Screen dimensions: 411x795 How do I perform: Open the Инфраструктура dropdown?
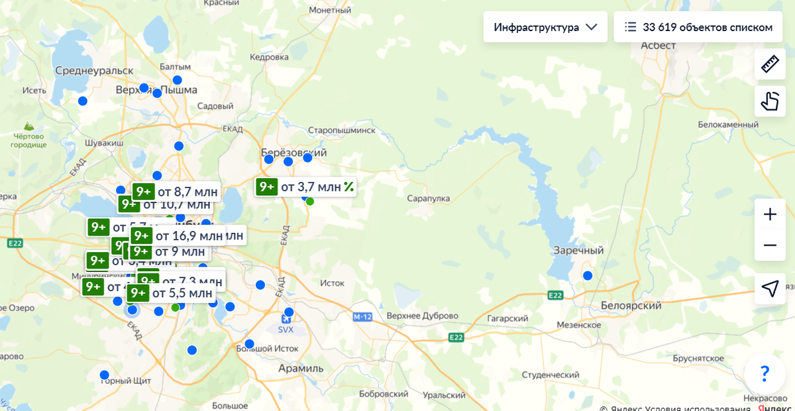tap(545, 27)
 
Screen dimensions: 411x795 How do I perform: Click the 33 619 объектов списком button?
tap(699, 27)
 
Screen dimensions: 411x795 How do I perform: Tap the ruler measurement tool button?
tap(770, 64)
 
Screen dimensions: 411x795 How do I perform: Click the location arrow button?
tap(770, 289)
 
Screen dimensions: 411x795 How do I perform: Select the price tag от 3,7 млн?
tap(306, 187)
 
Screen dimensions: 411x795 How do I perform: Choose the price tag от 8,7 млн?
tap(176, 192)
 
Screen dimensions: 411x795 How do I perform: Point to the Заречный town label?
tap(579, 251)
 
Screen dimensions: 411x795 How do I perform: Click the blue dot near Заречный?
tap(588, 275)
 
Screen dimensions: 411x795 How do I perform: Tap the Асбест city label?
tap(658, 45)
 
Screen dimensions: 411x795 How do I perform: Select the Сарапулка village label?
tap(429, 199)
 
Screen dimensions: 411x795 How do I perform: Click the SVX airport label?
tap(286, 329)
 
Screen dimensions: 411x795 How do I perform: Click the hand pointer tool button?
tap(770, 101)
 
